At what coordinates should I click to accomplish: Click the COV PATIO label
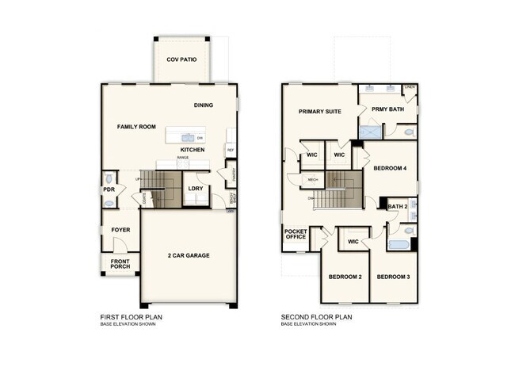pos(181,60)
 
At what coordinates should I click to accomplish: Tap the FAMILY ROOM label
pos(136,127)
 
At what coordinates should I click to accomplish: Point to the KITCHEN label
pos(193,150)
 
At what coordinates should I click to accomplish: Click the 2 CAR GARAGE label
pos(189,257)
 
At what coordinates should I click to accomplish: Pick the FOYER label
pos(120,230)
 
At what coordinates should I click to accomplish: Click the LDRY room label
pos(194,189)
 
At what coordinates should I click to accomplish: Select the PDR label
pos(109,190)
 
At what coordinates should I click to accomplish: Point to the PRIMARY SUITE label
pos(320,112)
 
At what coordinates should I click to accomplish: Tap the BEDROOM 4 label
pos(390,168)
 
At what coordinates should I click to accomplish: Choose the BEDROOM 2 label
pos(345,277)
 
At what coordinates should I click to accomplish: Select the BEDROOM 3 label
pos(392,277)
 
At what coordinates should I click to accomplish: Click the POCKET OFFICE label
pos(296,234)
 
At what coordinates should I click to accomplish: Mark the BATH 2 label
pos(397,207)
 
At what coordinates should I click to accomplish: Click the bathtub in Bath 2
pos(399,243)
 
